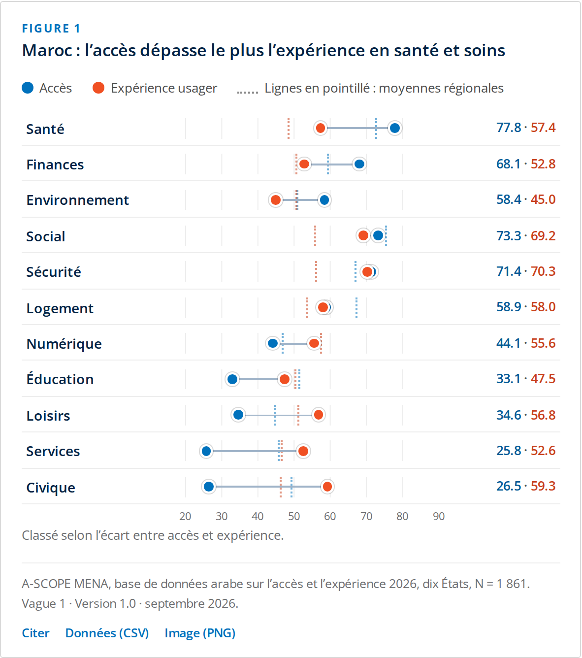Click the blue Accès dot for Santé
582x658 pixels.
[394, 128]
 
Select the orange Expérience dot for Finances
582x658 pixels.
[304, 164]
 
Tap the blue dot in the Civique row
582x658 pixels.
[209, 487]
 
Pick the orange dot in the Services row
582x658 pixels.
[303, 451]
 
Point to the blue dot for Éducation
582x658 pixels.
[232, 379]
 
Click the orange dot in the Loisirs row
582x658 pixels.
[318, 415]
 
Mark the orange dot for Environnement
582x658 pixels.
[276, 200]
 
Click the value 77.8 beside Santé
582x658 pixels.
[509, 128]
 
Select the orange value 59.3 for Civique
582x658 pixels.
[543, 486]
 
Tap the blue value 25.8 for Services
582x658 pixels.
[509, 451]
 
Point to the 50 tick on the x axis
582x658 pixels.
[294, 516]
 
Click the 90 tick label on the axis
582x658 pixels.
[438, 516]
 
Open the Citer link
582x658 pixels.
[36, 633]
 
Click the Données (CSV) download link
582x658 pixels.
[107, 633]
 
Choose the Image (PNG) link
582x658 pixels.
[200, 633]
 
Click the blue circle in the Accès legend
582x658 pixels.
[28, 88]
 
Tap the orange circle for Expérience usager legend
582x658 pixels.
[98, 88]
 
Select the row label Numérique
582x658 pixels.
[64, 344]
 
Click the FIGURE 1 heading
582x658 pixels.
[51, 29]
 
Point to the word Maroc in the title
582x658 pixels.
[47, 50]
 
